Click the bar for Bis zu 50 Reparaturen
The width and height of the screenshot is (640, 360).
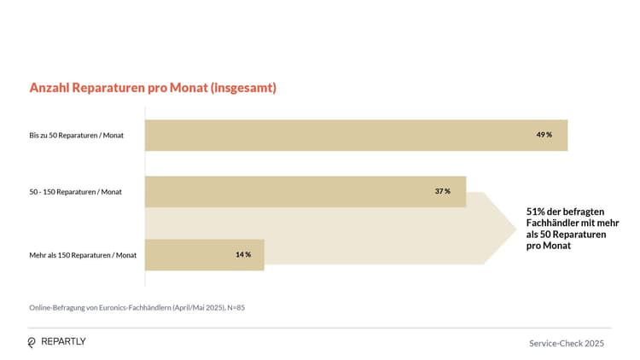click(356, 135)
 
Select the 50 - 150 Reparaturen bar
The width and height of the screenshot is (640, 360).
click(305, 191)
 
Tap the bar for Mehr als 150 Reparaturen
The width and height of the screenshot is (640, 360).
click(204, 254)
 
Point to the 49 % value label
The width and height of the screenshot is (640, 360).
click(544, 135)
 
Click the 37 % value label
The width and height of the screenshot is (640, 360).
click(442, 191)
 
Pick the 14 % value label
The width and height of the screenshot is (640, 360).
click(243, 254)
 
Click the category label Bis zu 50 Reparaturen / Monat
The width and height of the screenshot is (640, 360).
click(75, 136)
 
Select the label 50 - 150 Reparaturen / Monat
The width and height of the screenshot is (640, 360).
click(75, 192)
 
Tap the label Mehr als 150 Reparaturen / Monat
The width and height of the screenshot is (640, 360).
click(83, 255)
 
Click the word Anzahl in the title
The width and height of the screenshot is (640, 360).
click(49, 88)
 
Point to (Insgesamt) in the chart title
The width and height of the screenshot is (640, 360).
click(243, 88)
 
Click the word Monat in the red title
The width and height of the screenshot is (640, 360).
click(187, 88)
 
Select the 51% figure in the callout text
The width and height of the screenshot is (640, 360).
click(536, 212)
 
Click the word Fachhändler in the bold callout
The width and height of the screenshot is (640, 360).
click(554, 223)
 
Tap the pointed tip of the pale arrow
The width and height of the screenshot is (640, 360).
click(515, 228)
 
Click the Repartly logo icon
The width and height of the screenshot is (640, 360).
click(32, 342)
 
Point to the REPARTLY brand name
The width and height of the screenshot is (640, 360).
click(63, 342)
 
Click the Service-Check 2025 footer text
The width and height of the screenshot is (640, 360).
click(567, 343)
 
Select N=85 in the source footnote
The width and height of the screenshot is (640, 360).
click(236, 307)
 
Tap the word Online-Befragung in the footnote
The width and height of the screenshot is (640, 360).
click(55, 307)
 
